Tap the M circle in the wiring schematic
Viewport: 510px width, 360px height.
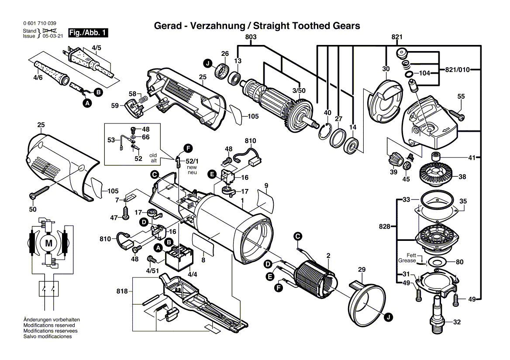coord(48,243)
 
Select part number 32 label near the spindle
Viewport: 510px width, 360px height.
coord(457,322)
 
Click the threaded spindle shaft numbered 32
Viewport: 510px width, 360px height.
coord(438,313)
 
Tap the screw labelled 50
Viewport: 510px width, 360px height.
coord(39,192)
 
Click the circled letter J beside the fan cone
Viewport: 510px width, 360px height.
coord(388,318)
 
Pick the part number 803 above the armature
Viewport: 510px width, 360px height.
coord(251,38)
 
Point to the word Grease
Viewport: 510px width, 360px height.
coord(407,261)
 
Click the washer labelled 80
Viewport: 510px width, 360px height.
coord(436,262)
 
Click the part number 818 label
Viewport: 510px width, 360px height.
coord(122,291)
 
